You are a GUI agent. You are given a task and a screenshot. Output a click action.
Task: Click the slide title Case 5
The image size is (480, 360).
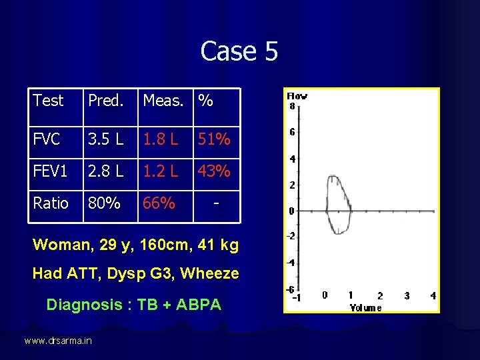239,51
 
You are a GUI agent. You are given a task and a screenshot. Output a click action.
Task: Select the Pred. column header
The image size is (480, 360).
106,101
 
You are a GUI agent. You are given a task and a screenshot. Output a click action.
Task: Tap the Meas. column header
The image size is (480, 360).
163,101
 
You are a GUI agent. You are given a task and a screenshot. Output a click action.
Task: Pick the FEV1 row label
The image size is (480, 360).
51,171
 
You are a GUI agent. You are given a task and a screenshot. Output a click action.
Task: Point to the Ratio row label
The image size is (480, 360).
51,203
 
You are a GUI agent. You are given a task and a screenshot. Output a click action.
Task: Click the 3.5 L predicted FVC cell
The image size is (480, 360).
106,139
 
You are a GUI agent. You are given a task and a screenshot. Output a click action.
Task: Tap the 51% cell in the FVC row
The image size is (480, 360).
214,139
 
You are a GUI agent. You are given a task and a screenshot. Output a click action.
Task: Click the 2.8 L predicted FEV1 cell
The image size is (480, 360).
106,171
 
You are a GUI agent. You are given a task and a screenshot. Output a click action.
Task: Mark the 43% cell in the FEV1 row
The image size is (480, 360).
214,171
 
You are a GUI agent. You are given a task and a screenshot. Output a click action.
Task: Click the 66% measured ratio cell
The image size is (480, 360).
159,203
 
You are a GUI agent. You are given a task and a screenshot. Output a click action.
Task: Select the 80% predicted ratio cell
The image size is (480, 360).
103,203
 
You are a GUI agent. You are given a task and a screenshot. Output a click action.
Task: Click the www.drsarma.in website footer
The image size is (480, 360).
58,341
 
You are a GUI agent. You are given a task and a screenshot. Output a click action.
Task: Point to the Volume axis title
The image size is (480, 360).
365,307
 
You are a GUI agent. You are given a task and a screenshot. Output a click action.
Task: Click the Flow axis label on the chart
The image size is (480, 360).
297,96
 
